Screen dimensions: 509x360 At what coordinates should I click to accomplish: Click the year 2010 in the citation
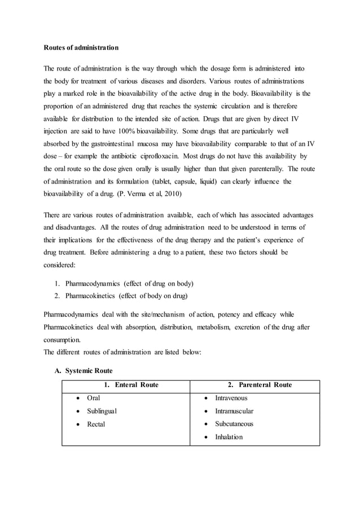(187, 195)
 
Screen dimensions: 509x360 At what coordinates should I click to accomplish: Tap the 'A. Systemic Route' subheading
(84, 371)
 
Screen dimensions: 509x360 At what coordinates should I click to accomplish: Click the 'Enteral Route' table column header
(131, 385)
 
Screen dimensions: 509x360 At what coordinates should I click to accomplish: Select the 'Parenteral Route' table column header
(260, 385)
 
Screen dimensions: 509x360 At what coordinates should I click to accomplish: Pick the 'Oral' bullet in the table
(93, 398)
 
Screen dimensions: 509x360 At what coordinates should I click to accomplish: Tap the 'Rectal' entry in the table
(96, 424)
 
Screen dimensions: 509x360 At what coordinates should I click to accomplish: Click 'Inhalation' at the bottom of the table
(229, 437)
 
